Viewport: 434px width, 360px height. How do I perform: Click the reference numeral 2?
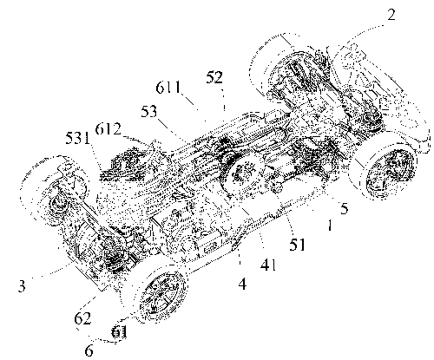391,15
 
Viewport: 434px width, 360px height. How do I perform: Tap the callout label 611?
168,87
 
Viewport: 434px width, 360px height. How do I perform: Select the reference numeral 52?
214,77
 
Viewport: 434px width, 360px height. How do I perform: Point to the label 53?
149,112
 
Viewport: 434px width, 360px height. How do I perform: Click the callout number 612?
108,129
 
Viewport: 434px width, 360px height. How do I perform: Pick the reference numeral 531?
78,138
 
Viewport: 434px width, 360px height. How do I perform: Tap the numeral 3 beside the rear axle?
22,286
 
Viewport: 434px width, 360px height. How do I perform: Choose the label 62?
82,318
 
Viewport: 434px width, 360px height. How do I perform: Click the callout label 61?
120,332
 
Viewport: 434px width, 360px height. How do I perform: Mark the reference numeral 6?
89,350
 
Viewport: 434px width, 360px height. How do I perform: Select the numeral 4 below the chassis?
242,284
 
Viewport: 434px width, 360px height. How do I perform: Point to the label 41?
268,264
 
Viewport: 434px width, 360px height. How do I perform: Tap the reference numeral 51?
297,245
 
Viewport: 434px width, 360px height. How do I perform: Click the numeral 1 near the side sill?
330,225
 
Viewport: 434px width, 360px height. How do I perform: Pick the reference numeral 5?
344,208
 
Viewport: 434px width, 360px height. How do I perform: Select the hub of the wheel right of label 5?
389,173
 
